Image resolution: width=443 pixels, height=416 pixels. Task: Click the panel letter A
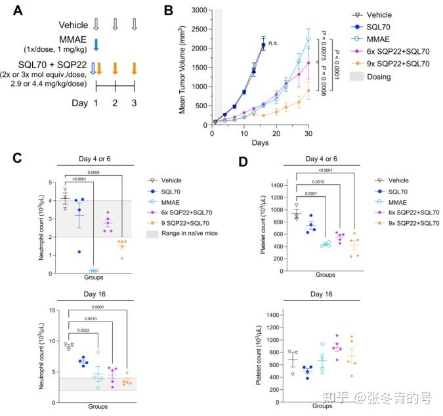18,11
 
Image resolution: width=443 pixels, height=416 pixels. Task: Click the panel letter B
169,11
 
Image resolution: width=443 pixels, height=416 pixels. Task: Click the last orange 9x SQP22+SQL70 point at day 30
308,91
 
